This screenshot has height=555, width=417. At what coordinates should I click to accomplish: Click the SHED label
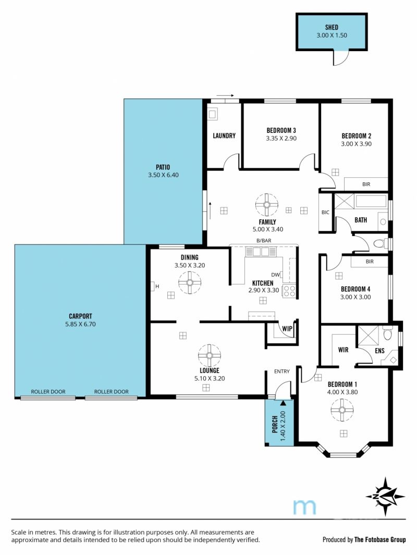(x=332, y=27)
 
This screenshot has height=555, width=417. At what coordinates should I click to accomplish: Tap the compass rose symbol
(x=385, y=496)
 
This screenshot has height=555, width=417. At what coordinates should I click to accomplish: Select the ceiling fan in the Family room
(x=266, y=205)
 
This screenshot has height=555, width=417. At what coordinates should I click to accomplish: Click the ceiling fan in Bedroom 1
(x=342, y=410)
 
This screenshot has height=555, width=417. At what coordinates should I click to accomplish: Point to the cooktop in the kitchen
(x=289, y=290)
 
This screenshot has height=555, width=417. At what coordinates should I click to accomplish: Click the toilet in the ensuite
(x=387, y=332)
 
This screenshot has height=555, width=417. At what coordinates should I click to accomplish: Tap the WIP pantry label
(x=287, y=328)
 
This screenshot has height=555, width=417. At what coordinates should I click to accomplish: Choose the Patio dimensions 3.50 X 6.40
(x=163, y=175)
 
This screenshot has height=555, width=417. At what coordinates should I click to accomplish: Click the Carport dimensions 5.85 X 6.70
(x=80, y=324)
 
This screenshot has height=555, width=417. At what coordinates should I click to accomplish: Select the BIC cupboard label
(x=325, y=213)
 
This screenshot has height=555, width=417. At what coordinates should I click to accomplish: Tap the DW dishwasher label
(x=275, y=275)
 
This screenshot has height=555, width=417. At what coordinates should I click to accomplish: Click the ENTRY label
(x=282, y=371)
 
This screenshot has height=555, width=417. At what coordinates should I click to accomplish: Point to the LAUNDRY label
(x=224, y=135)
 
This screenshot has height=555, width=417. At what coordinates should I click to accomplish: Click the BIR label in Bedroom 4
(x=370, y=262)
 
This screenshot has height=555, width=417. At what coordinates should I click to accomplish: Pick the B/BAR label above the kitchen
(x=264, y=241)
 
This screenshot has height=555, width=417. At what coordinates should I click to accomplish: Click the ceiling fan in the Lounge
(x=210, y=355)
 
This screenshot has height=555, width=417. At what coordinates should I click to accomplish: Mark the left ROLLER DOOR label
(x=48, y=391)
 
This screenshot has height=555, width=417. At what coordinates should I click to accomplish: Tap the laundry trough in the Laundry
(x=212, y=114)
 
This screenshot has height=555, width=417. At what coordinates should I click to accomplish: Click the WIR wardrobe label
(x=343, y=350)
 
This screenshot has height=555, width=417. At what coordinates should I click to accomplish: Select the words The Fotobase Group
(x=380, y=539)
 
